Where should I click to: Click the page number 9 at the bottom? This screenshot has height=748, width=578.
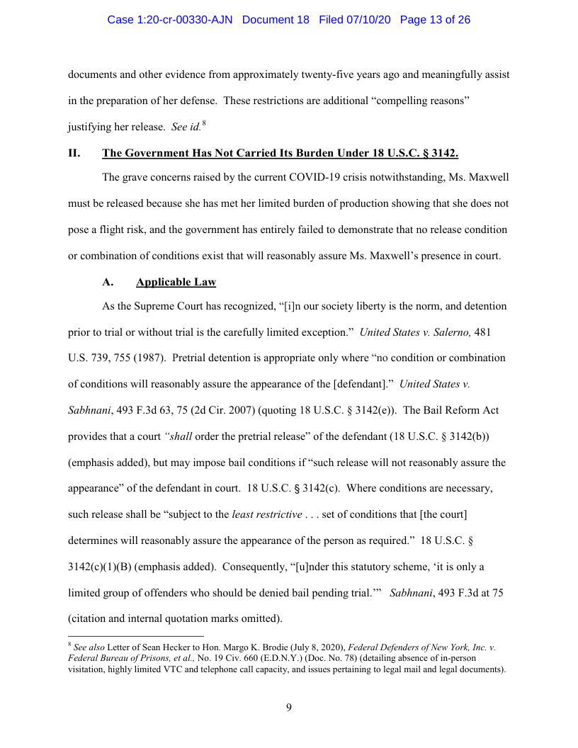(289, 707)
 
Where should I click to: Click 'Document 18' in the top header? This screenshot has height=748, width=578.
(276, 20)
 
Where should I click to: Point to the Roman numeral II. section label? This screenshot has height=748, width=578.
(74, 153)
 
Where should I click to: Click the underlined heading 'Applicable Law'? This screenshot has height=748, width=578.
(176, 282)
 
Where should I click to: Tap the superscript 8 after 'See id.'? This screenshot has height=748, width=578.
(204, 124)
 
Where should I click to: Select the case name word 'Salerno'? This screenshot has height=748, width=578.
(450, 332)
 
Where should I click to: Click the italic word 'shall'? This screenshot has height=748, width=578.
(179, 434)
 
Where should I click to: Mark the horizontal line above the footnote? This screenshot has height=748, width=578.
(135, 635)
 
